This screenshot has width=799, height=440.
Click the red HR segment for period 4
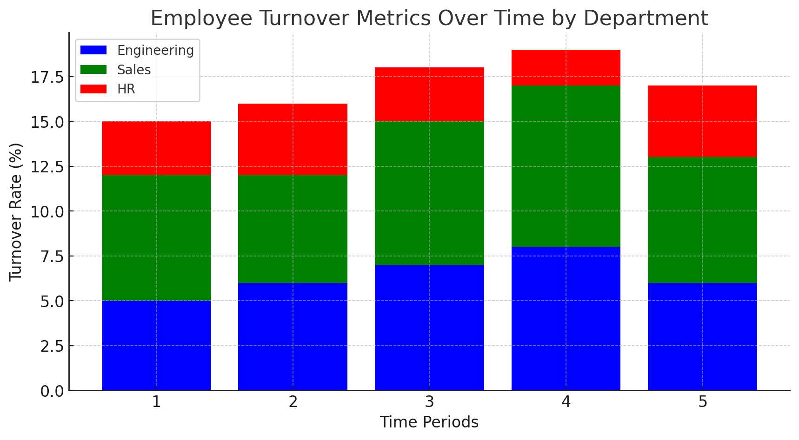coord(566,67)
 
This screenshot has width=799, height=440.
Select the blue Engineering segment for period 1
coord(156,346)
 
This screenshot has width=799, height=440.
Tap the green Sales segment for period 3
coord(429,193)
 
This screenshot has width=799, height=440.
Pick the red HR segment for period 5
coord(702,121)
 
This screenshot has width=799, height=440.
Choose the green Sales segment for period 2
coord(293,229)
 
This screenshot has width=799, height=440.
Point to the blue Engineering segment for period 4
coord(566,319)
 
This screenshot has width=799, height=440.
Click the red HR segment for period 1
coord(156,148)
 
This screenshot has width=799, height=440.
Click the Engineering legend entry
coord(137,50)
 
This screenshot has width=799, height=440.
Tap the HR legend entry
coord(107,89)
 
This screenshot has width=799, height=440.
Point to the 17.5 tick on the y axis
coord(47,77)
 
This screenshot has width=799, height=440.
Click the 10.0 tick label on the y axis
coord(47,211)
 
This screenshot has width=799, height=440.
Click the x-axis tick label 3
coord(429,402)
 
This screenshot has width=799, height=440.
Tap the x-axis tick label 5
coord(702,402)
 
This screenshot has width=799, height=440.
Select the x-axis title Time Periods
coord(429,422)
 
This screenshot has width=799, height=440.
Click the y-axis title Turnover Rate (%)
coord(16,211)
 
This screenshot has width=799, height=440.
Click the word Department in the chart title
coord(646,19)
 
